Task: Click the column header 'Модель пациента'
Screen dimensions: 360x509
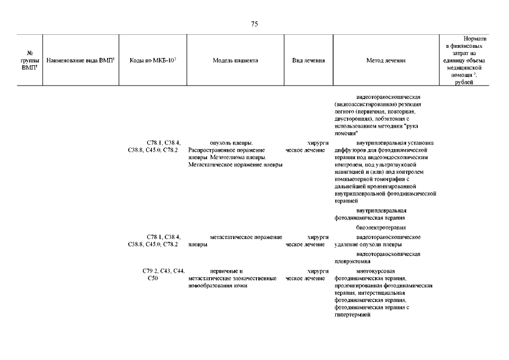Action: [236, 60]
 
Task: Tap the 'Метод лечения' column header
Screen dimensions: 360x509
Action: [386, 60]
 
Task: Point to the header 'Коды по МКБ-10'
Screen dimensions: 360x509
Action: [153, 60]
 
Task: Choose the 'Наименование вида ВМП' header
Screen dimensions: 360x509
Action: [81, 60]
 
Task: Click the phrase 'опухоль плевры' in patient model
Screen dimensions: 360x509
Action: [231, 143]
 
